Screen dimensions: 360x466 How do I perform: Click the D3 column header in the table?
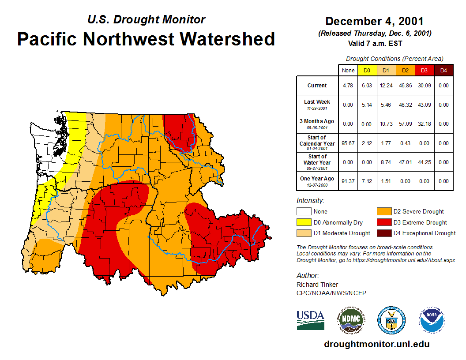424,70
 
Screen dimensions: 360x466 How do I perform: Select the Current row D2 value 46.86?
405,86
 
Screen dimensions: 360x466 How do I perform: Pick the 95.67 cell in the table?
348,143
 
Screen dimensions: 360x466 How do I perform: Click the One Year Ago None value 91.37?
348,181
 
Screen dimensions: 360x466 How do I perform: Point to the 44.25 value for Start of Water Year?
424,162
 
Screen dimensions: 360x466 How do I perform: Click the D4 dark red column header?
443,70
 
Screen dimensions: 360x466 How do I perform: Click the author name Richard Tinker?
317,285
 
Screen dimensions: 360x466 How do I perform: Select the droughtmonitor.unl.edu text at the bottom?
376,344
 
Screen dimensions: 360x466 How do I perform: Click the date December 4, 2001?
374,21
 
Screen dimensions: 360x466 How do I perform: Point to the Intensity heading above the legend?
310,201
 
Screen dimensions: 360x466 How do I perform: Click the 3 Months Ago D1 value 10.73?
386,124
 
